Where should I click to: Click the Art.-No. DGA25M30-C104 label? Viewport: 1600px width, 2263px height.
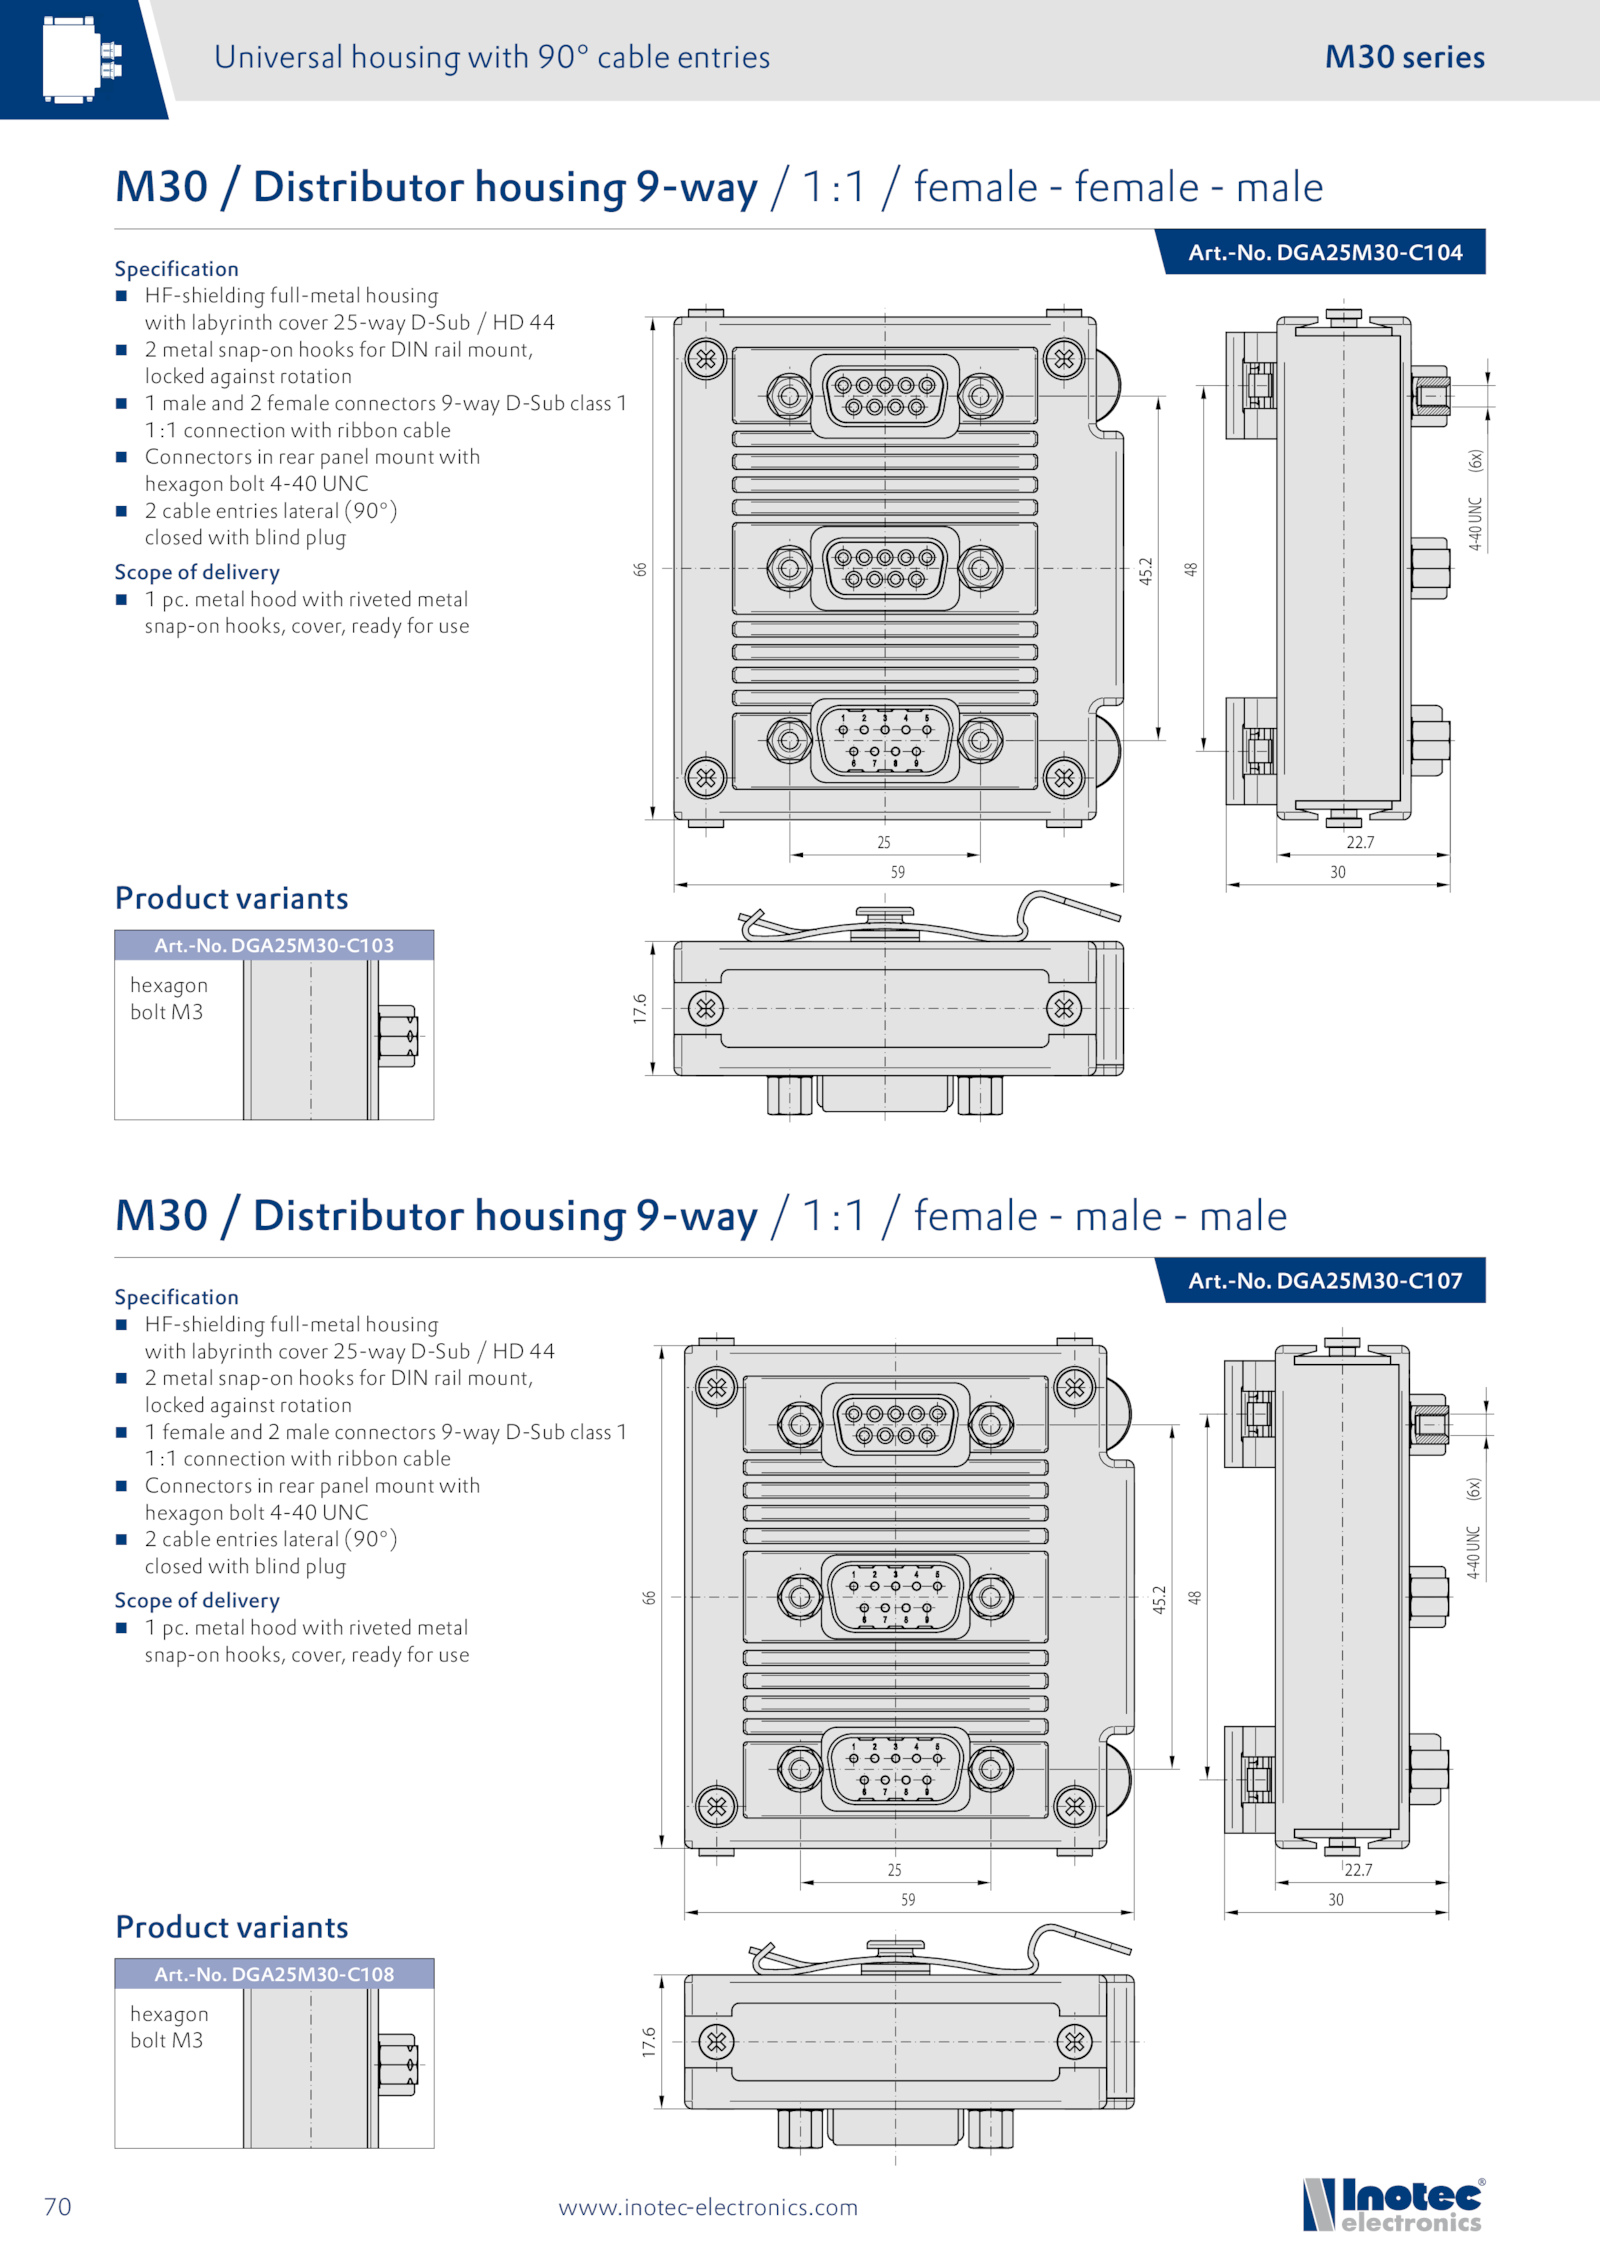[x=1324, y=253]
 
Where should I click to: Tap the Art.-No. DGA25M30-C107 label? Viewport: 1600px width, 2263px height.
[x=1324, y=1281]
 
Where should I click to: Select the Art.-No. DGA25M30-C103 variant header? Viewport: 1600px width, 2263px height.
[x=274, y=945]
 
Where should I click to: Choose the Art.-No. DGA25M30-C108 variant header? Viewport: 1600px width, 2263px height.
[x=274, y=1974]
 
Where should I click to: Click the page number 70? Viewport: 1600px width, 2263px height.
[x=58, y=2206]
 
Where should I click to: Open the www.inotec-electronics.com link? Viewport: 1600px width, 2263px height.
[x=708, y=2207]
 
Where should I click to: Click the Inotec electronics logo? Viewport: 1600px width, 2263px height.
[x=1393, y=2204]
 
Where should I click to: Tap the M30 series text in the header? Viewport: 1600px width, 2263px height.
[x=1404, y=57]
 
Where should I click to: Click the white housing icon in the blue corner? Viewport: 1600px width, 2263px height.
[x=80, y=59]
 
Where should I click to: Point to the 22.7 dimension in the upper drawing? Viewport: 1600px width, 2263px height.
[x=1360, y=842]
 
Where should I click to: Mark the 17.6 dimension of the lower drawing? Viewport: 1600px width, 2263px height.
[x=649, y=2042]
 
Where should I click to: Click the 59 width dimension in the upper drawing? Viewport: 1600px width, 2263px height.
[x=898, y=872]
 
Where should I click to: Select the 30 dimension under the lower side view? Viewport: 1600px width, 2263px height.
[x=1336, y=1900]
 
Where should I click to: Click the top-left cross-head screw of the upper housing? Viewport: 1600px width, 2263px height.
[x=706, y=359]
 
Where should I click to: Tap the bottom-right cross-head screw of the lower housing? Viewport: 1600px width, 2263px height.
[x=1075, y=1806]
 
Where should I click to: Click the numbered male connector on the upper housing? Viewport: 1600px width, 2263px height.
[x=885, y=740]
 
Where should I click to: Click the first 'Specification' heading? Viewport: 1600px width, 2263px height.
[x=176, y=269]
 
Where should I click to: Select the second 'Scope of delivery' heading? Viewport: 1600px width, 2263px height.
[x=197, y=1600]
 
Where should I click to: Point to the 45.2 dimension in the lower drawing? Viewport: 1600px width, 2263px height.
[x=1159, y=1599]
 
